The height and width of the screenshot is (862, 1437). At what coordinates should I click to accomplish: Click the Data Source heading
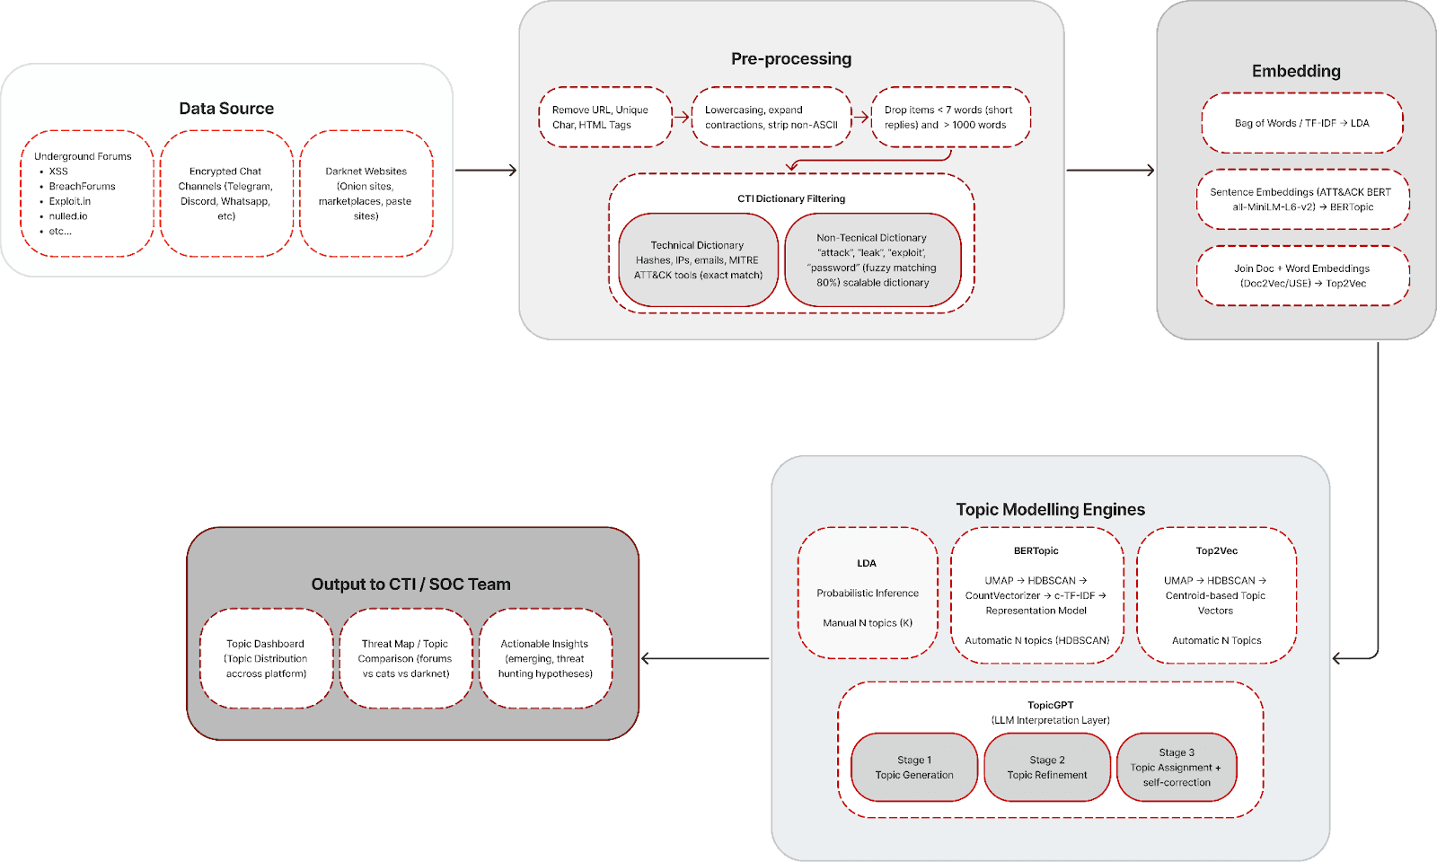226,109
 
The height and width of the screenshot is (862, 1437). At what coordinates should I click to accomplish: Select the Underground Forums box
87,194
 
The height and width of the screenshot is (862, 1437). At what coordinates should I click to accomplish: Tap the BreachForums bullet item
82,186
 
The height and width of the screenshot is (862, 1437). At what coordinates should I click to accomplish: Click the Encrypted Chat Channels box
226,194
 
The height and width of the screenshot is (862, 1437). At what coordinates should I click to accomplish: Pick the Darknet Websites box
366,194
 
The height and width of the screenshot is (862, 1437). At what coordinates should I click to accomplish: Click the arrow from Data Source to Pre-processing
486,170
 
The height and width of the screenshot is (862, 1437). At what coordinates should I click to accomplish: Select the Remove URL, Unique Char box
605,118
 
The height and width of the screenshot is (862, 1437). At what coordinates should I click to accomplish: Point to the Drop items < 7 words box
951,118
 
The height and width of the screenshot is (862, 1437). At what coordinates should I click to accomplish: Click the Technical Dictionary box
698,260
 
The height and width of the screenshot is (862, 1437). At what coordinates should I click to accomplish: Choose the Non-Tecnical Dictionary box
872,260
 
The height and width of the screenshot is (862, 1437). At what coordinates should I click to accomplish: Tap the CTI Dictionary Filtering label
791,198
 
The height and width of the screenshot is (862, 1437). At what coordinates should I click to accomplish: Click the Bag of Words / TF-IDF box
1302,123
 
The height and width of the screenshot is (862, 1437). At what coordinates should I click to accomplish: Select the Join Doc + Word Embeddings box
1302,276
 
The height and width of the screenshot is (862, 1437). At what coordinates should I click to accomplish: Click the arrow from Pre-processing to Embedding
1110,170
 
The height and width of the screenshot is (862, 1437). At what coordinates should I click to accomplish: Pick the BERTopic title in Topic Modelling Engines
1036,551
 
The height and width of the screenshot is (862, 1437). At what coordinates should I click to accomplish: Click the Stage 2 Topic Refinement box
1047,767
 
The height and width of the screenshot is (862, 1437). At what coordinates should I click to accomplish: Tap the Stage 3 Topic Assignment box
1177,767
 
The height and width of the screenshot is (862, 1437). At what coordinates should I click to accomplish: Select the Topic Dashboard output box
266,659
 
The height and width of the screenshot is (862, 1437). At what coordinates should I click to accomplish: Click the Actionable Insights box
545,659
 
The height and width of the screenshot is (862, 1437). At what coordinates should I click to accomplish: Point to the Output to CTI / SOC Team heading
411,585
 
